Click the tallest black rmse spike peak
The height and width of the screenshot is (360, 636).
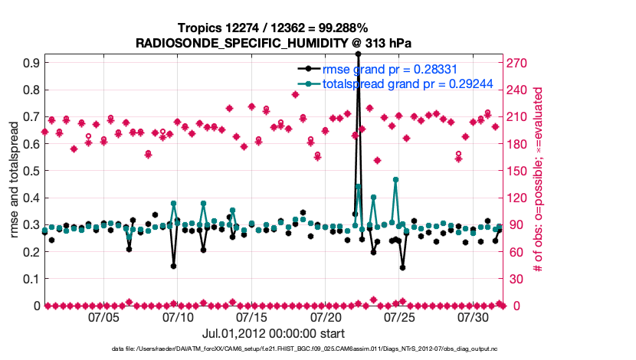358,54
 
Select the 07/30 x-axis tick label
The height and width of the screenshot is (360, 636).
473,316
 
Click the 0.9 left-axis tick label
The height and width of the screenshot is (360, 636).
31,63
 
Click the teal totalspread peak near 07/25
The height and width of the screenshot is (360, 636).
395,179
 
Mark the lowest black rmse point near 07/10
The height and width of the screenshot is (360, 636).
174,267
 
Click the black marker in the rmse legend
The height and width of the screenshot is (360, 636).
308,70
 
